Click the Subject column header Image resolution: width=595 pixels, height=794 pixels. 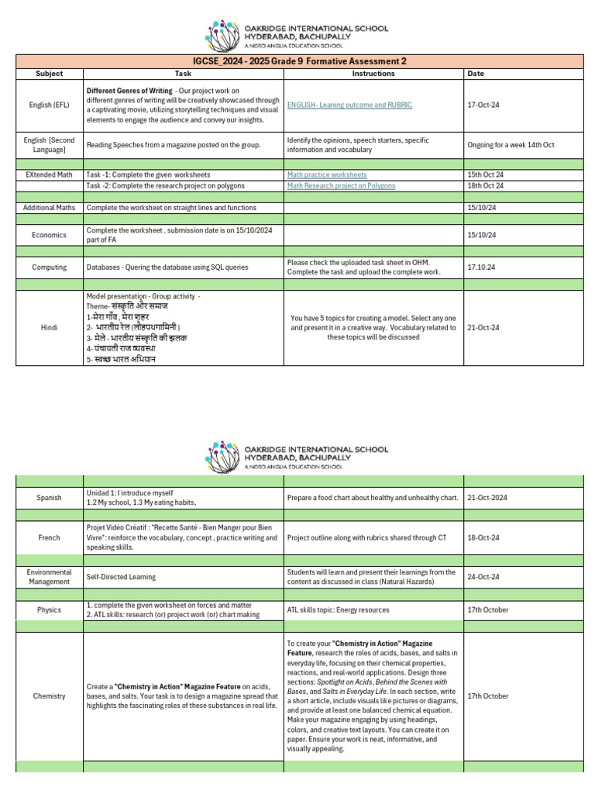click(50, 74)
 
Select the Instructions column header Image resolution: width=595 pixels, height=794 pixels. click(373, 74)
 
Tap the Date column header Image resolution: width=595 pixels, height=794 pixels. click(476, 74)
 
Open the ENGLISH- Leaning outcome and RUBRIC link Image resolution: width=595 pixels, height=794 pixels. click(349, 105)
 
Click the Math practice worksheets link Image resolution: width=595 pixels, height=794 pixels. click(327, 175)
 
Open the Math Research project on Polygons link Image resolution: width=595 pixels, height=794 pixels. click(341, 186)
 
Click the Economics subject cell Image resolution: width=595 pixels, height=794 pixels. click(50, 235)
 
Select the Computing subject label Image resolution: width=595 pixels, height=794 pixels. click(50, 268)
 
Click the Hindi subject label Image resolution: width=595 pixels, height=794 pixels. click(50, 328)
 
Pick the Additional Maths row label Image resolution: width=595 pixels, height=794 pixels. click(50, 208)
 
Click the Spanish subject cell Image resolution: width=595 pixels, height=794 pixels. click(50, 498)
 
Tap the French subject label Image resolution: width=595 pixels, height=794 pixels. click(50, 537)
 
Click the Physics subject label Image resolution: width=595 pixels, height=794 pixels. click(50, 610)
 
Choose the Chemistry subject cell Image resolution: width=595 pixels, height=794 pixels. click(50, 696)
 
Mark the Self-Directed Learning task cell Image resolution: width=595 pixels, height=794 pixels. click(121, 577)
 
